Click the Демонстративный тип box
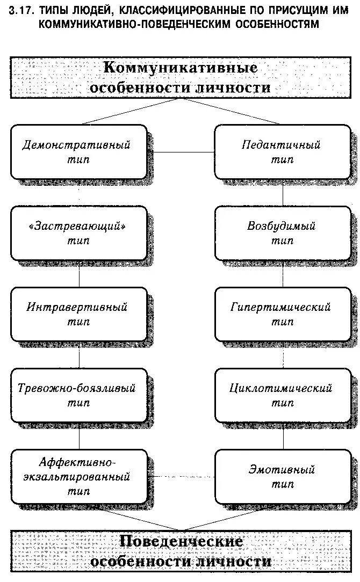click(78, 152)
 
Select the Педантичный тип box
click(282, 152)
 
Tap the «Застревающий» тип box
click(79, 233)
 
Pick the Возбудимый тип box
click(282, 233)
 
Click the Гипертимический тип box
click(282, 314)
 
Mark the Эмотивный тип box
click(282, 476)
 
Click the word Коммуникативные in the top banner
click(180, 68)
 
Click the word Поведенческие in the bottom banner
click(181, 541)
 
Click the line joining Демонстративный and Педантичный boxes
click(181, 152)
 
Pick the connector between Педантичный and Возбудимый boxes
click(283, 193)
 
